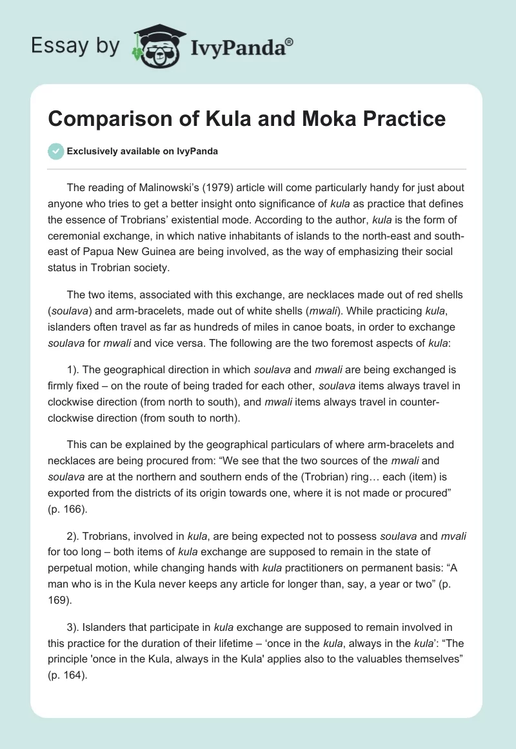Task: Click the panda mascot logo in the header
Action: tap(158, 46)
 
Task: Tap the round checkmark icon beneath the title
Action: tap(57, 151)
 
